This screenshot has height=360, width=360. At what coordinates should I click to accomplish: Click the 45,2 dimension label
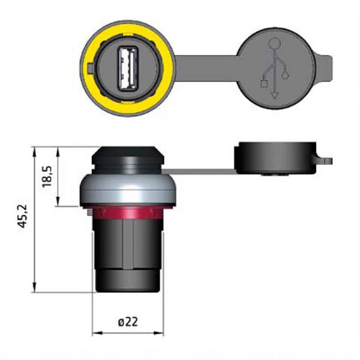[x=23, y=216]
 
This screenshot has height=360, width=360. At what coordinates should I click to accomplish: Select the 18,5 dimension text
[x=48, y=176]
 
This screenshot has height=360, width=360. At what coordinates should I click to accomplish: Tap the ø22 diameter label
[x=128, y=322]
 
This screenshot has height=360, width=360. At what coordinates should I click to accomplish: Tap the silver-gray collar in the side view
[x=128, y=190]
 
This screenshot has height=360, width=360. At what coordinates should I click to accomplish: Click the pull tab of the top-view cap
[x=325, y=68]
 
